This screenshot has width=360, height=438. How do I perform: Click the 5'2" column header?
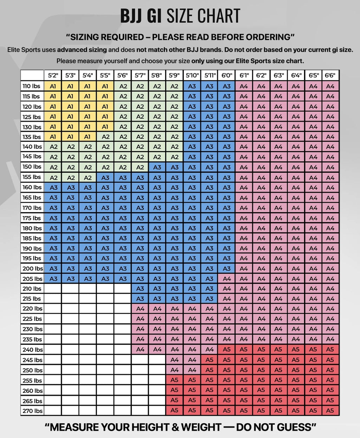click(53, 75)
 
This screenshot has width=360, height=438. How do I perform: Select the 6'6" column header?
click(330, 75)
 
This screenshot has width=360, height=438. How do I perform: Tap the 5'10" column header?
click(192, 75)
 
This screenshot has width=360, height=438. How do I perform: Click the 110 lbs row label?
click(32, 86)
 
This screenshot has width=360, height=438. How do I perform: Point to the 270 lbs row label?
click(32, 411)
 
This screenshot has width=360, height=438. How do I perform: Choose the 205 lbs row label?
click(32, 279)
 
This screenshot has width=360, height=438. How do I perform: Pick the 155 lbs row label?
click(32, 177)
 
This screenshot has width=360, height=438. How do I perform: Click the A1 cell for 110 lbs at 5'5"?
click(105, 86)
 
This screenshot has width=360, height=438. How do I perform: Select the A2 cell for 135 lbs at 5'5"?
click(105, 137)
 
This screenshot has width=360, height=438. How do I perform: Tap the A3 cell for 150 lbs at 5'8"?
click(157, 167)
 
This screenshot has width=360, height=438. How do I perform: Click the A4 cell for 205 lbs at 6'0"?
click(227, 279)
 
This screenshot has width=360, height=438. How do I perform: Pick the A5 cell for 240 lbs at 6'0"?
click(227, 349)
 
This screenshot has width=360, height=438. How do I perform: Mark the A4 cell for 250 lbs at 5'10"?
click(192, 370)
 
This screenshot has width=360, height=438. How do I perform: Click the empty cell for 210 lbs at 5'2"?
click(53, 289)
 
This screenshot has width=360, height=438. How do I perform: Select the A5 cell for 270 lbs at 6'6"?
click(330, 410)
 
